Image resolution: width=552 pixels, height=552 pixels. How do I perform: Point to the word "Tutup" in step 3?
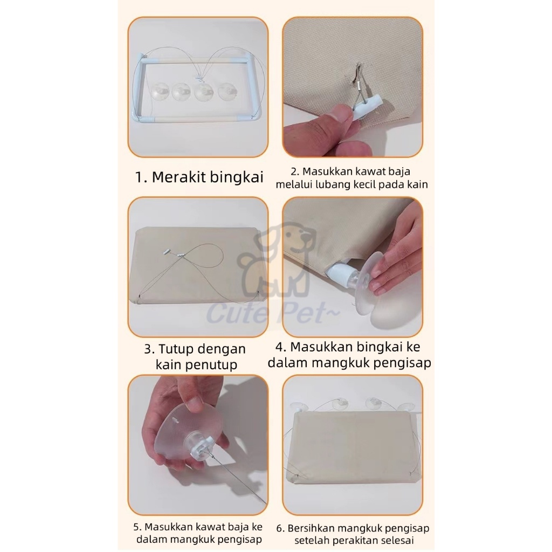point(176,349)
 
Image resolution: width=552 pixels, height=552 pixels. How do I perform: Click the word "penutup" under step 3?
point(214,365)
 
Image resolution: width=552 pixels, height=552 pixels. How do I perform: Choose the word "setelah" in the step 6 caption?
point(312,540)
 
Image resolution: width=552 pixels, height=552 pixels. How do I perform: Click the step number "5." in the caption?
point(137,527)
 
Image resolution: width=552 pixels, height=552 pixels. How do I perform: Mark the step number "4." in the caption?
point(281,347)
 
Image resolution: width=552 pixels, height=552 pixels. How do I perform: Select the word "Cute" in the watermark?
point(231,313)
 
